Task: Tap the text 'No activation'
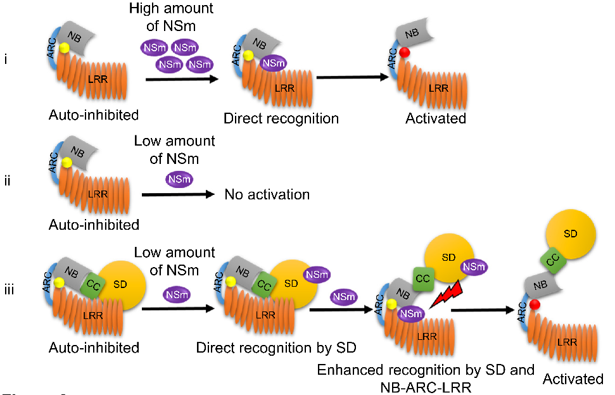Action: (x=267, y=194)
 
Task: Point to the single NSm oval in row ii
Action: (x=179, y=180)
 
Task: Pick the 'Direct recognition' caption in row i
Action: (x=281, y=118)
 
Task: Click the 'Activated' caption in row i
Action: (x=436, y=118)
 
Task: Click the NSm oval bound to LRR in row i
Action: (x=273, y=63)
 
